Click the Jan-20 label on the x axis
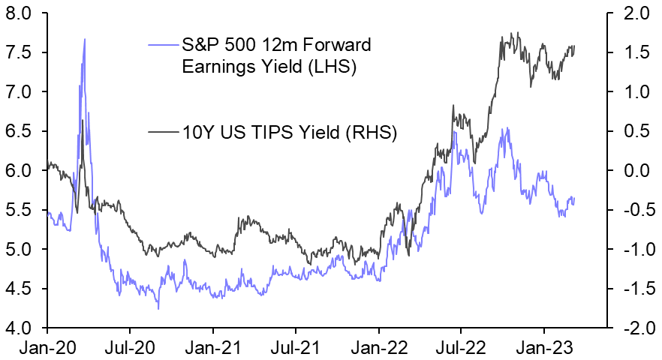click(x=47, y=348)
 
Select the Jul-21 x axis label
click(x=295, y=348)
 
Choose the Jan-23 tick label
click(x=543, y=348)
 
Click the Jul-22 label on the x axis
click(x=460, y=348)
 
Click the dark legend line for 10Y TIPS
click(x=163, y=133)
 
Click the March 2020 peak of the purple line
click(x=85, y=39)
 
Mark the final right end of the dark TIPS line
click(x=575, y=46)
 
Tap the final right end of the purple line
click(x=575, y=198)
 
